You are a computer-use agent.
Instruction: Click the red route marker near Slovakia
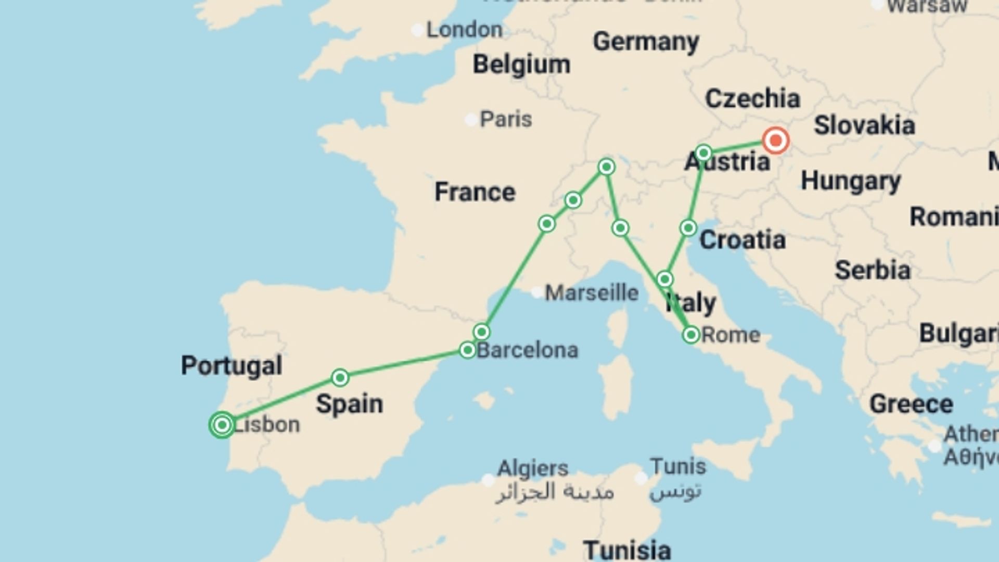(775, 140)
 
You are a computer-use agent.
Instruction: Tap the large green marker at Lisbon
(222, 425)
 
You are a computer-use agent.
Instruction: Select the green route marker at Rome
(691, 335)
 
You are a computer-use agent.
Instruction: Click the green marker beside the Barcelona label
(467, 350)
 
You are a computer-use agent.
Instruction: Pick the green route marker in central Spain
(340, 377)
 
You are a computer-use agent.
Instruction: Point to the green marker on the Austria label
(703, 153)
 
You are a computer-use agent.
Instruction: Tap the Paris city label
(505, 120)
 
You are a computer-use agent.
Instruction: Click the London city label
(464, 30)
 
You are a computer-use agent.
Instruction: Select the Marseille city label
(592, 293)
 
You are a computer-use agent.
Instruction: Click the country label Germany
(646, 42)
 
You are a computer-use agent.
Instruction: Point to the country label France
(475, 192)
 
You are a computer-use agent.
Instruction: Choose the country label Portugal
(232, 365)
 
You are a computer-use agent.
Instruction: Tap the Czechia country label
(752, 99)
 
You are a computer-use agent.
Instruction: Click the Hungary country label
(851, 181)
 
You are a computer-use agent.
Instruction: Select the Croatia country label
(742, 240)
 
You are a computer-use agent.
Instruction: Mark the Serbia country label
(873, 271)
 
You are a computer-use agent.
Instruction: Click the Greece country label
(911, 404)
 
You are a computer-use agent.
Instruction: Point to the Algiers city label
(533, 468)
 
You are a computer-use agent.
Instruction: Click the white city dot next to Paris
(470, 120)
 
